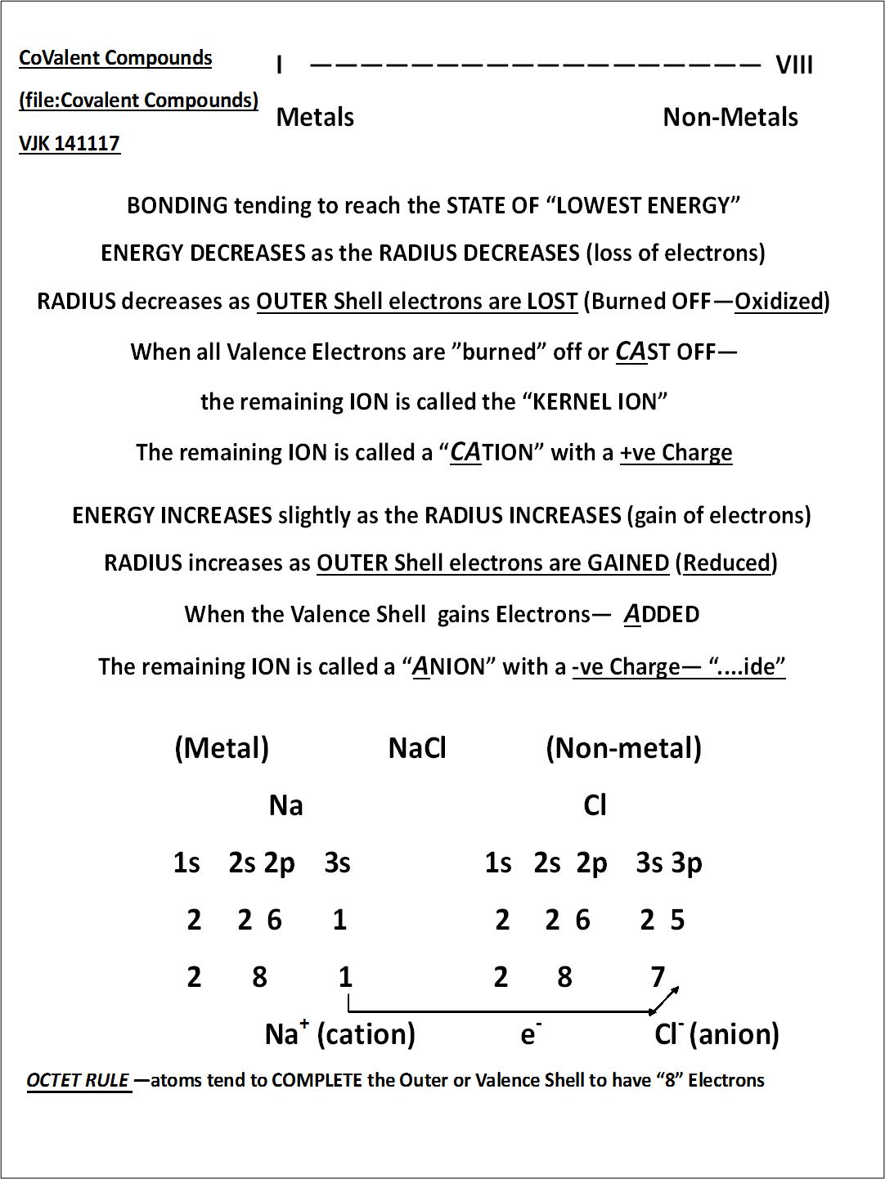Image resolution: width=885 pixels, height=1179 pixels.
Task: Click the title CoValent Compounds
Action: pos(115,58)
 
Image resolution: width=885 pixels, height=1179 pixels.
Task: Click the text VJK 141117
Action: pos(70,143)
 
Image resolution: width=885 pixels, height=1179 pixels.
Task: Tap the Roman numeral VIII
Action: pos(793,65)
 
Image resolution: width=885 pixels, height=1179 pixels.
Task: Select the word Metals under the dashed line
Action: pos(315,118)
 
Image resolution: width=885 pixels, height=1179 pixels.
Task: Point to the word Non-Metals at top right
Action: pos(730,118)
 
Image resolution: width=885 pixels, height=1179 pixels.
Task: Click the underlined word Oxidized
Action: pos(779,302)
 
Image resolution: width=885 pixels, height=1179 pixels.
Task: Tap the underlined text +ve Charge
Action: pos(676,453)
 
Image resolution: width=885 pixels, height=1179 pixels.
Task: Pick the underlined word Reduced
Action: pos(727,563)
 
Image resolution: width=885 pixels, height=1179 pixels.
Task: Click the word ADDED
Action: pos(662,615)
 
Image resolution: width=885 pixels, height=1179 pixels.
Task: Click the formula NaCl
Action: pos(417,748)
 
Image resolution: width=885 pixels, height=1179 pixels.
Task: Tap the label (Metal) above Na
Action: pos(222,748)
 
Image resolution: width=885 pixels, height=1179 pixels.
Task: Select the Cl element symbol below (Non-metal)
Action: pos(595,805)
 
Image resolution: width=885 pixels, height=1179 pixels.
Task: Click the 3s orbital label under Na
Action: pos(337,863)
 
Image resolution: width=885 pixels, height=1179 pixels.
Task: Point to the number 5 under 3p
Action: pos(677,921)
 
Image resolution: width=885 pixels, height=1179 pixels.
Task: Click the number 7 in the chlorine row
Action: pos(658,977)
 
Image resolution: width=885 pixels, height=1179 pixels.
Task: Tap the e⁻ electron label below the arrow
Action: pos(530,1035)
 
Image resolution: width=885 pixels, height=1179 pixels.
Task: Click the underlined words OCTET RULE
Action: pos(78,1081)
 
